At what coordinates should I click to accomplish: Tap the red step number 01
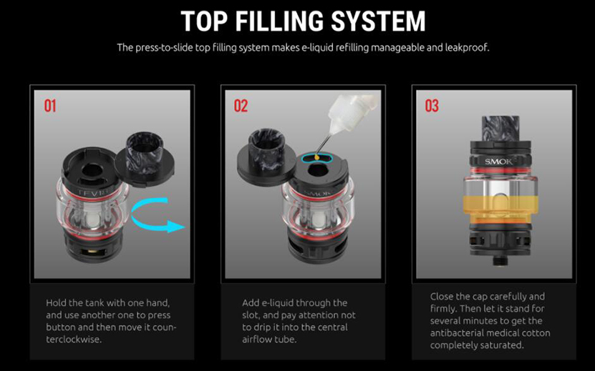[50, 106]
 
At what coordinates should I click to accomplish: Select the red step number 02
[241, 106]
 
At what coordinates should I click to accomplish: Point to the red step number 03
[432, 106]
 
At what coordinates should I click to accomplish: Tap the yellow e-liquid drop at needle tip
[316, 157]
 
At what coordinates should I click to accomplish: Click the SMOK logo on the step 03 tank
[498, 162]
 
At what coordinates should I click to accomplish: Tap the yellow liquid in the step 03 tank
[500, 210]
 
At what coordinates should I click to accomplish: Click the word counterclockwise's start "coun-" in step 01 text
[164, 327]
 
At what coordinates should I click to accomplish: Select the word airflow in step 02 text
[256, 339]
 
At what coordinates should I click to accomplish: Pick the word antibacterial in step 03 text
[459, 333]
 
